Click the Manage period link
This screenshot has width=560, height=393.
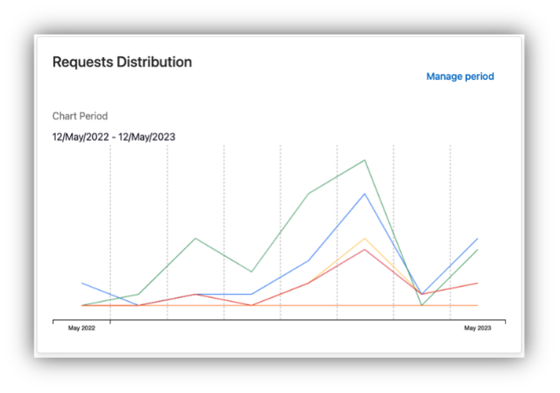click(x=460, y=76)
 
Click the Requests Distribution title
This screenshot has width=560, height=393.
click(x=122, y=62)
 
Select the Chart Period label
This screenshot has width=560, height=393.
click(x=80, y=116)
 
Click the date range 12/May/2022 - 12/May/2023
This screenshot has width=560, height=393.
click(x=113, y=137)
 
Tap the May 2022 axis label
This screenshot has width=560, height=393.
click(x=82, y=328)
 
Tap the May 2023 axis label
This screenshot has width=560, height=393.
click(x=477, y=328)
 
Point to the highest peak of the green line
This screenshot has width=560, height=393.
click(x=365, y=160)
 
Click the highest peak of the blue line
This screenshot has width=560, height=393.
click(x=365, y=194)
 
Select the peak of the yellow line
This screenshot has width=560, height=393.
click(x=365, y=238)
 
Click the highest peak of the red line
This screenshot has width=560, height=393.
click(x=365, y=250)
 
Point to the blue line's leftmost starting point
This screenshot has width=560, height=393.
click(x=82, y=283)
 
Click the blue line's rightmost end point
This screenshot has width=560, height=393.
click(x=477, y=239)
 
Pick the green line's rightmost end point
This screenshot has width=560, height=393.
click(x=477, y=250)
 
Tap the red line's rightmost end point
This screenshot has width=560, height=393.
click(x=477, y=283)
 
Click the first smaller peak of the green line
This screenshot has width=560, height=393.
click(x=195, y=239)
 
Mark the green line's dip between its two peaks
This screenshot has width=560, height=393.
click(x=251, y=272)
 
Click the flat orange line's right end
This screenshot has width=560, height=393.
click(x=477, y=305)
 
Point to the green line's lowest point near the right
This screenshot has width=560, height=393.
click(x=422, y=305)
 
